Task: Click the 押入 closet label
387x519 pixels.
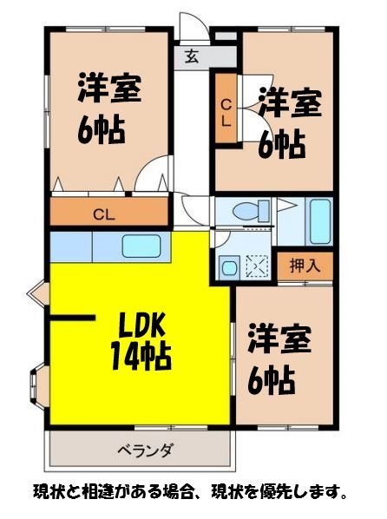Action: coord(305,265)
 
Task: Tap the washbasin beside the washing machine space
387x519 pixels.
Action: coord(229,267)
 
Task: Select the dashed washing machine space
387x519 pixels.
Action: coord(258,266)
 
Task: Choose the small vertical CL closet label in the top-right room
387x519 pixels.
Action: coord(225,113)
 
